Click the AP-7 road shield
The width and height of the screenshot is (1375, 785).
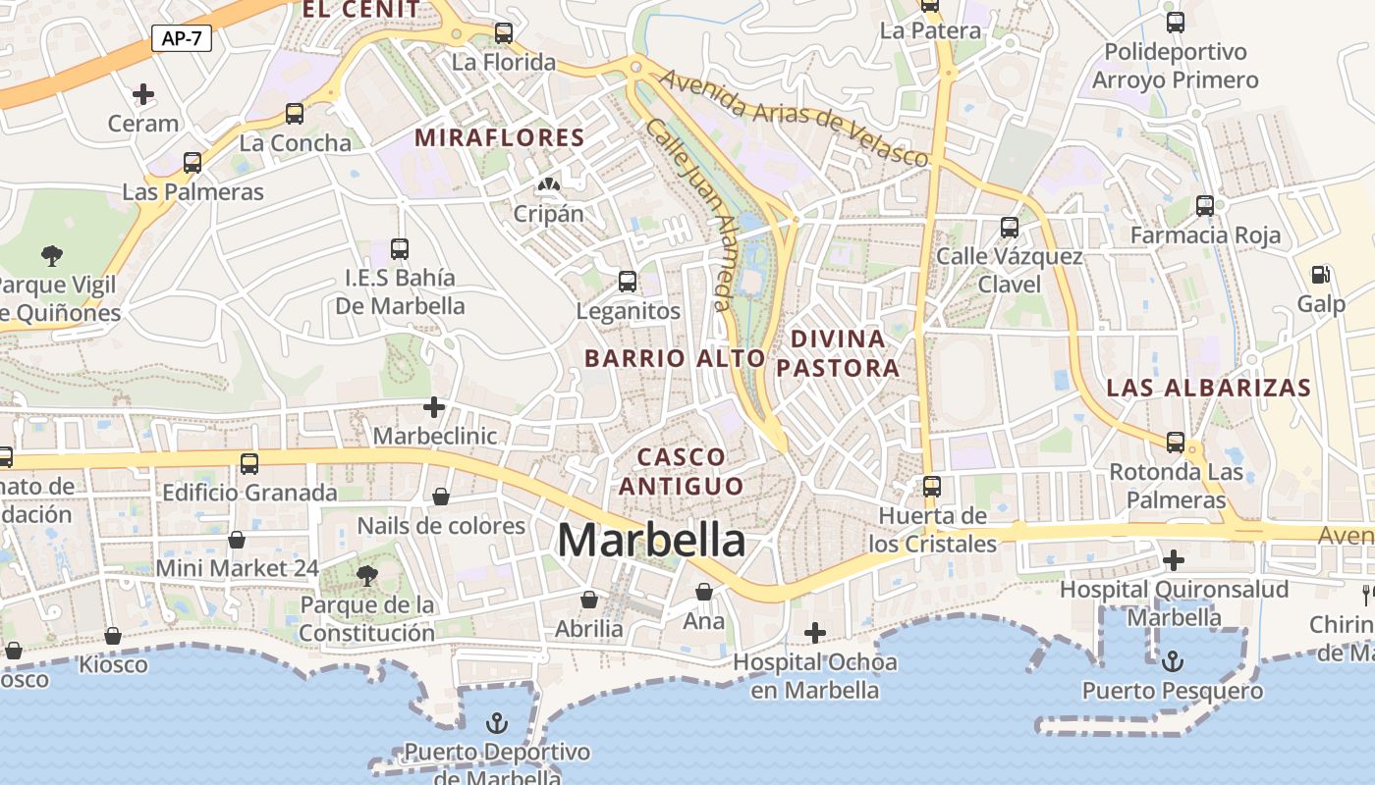[182, 38]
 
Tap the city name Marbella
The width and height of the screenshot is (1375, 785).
[651, 540]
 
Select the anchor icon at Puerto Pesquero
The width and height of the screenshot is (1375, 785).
[1173, 661]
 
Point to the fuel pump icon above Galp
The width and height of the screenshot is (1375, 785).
[1321, 275]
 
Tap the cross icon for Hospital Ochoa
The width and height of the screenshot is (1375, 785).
[814, 632]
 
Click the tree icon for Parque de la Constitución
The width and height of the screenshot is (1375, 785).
[366, 575]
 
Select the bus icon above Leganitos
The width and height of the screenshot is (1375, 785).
[628, 282]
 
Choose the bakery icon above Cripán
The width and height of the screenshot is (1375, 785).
[548, 184]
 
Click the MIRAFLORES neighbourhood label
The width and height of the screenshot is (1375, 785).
[499, 137]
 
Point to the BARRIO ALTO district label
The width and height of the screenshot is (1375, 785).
[675, 358]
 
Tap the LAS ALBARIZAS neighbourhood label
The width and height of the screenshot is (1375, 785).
[1208, 388]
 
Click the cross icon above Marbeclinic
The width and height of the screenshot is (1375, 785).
[434, 406]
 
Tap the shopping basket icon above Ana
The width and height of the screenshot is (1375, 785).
[703, 592]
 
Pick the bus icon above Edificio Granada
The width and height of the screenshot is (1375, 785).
[249, 463]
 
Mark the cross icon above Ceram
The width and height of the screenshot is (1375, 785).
[143, 94]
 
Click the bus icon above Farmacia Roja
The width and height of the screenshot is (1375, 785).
[1205, 206]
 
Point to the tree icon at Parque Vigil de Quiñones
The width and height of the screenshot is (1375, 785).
[52, 256]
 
